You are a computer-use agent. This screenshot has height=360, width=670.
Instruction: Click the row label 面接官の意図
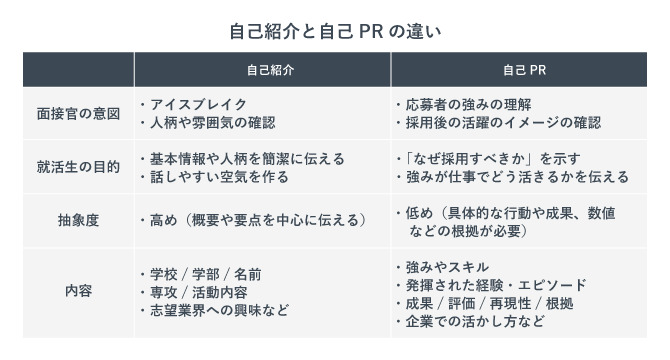click(x=77, y=113)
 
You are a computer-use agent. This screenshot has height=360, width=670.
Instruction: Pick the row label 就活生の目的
click(x=77, y=166)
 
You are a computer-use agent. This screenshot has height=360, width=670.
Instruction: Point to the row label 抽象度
click(x=77, y=220)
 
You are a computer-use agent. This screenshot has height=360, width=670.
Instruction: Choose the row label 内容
click(x=77, y=292)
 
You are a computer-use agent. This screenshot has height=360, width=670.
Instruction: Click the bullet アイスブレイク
click(x=196, y=104)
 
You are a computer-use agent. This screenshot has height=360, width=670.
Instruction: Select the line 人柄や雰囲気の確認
click(x=210, y=122)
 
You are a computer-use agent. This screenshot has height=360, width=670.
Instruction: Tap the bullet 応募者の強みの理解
click(x=466, y=104)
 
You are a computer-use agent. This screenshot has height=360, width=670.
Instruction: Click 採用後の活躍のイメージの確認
click(x=501, y=122)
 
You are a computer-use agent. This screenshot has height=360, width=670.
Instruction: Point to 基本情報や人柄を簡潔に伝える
click(x=245, y=158)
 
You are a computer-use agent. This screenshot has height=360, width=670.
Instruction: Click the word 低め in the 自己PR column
click(x=421, y=212)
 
